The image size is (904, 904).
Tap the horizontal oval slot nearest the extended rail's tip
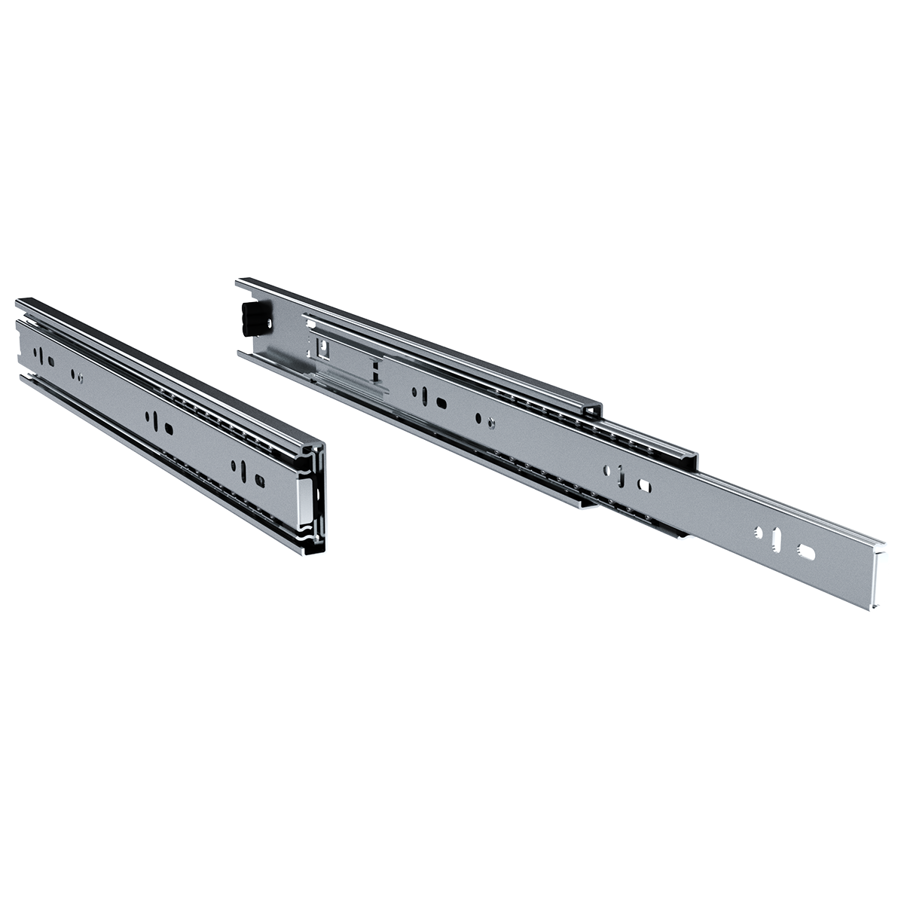click(807, 552)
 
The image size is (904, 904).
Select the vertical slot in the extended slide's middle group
click(618, 475)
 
